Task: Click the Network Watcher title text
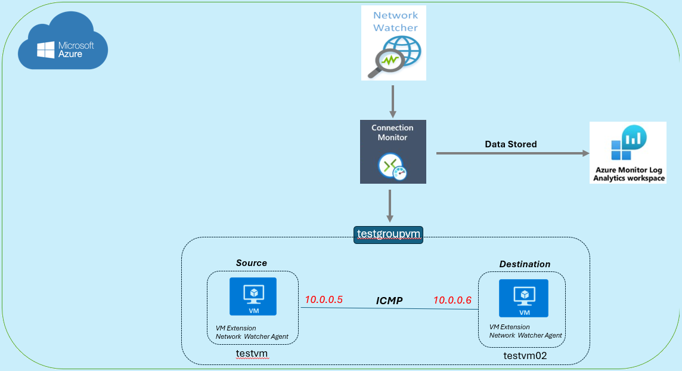395,21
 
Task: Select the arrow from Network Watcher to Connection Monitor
393,101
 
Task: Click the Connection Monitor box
393,152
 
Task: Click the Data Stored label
510,144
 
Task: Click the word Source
251,263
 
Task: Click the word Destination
525,264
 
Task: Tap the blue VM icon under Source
253,296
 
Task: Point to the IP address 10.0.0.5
324,300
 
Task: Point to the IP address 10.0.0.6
452,301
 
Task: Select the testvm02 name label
525,355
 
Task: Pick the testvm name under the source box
252,354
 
